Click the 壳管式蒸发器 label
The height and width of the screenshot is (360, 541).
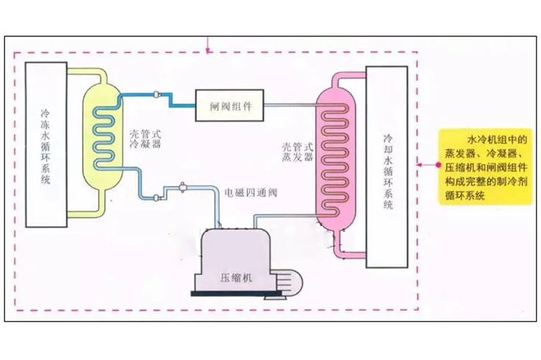(x=298, y=151)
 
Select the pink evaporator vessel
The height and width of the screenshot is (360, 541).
(x=340, y=155)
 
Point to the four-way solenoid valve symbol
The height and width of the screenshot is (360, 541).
(x=182, y=188)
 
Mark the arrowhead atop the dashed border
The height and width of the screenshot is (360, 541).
(x=207, y=52)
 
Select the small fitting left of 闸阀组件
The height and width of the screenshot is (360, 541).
(x=158, y=95)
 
